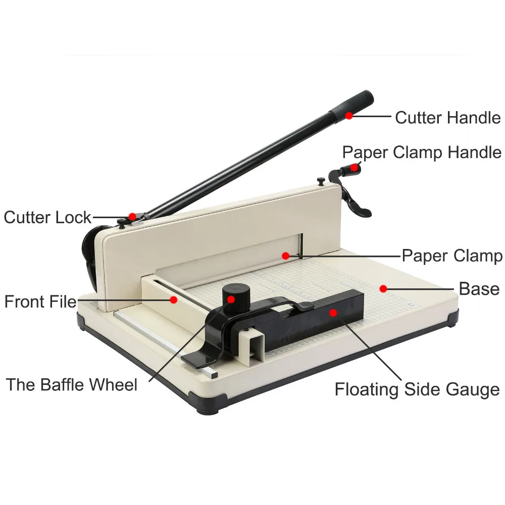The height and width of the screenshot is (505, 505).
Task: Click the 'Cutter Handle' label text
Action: [x=447, y=118]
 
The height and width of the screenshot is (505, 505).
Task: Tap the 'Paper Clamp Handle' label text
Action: [x=422, y=152]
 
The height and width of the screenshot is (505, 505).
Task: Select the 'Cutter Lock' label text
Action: [x=47, y=218]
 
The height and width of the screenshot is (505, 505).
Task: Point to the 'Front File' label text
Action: [x=40, y=302]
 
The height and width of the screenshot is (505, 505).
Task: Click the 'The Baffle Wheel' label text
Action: [x=72, y=385]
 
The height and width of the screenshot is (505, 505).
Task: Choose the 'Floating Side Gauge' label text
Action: [x=417, y=389]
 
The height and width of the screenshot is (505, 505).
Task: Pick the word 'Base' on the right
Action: [x=479, y=289]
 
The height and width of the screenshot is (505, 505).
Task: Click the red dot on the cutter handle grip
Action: [x=348, y=116]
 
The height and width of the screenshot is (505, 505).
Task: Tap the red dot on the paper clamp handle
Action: [x=355, y=167]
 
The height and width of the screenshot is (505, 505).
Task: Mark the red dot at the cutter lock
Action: [x=132, y=217]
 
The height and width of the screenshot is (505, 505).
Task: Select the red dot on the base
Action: [x=383, y=289]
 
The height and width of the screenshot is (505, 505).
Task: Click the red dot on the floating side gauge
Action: [x=333, y=312]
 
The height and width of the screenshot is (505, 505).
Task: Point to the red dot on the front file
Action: [x=173, y=299]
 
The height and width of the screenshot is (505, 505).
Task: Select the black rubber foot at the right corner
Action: [x=453, y=318]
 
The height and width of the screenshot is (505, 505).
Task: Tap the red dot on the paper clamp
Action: [x=285, y=256]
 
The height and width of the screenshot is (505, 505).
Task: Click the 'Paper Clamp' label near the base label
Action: [x=451, y=256]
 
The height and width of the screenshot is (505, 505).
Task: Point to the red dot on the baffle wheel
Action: [x=231, y=298]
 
